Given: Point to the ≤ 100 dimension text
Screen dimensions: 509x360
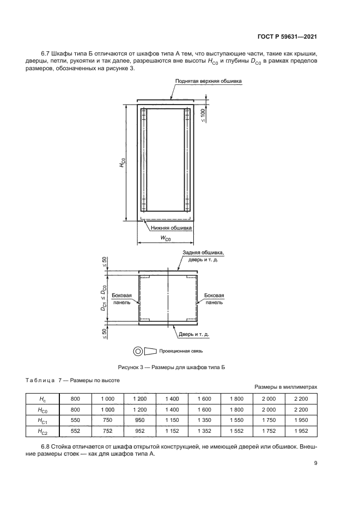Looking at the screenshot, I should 203,115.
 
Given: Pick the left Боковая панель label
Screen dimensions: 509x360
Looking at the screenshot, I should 121,299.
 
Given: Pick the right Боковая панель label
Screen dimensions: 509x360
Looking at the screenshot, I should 214,299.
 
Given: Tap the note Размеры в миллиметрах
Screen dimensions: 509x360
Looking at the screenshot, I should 285,386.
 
